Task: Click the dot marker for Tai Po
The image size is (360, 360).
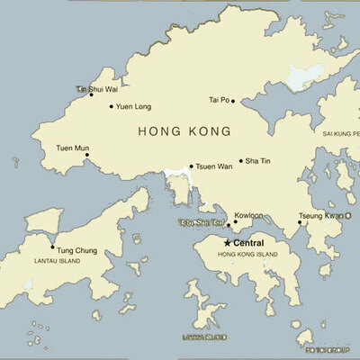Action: [x=233, y=101]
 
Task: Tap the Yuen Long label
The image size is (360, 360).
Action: [x=132, y=106]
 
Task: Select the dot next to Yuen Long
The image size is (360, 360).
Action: [x=112, y=106]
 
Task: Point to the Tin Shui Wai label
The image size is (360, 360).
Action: [x=96, y=89]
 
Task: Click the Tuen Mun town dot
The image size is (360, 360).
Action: [x=87, y=155]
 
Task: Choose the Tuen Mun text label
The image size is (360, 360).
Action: [x=72, y=147]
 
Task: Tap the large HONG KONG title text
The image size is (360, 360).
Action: [x=184, y=131]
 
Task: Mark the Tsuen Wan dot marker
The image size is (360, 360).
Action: [x=191, y=166]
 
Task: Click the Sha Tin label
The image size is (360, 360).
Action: [x=258, y=161]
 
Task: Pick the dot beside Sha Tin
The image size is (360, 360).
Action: [x=241, y=162]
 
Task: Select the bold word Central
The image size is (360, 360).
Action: [x=248, y=243]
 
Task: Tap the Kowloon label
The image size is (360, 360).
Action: [x=248, y=216]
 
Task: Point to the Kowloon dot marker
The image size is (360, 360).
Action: [x=236, y=222]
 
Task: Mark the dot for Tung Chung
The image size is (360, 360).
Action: [x=52, y=247]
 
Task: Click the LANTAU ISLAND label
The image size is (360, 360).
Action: [x=57, y=261]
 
